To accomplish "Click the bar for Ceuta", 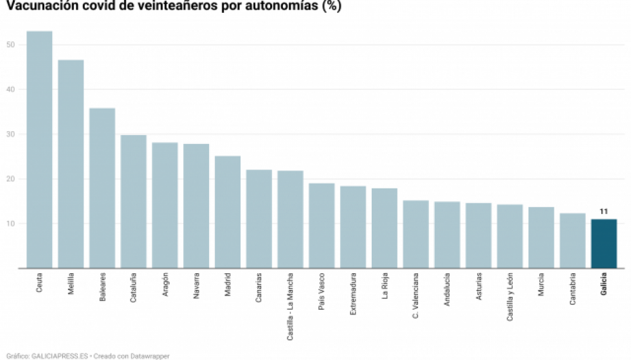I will [39, 149].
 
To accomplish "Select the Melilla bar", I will [71, 164].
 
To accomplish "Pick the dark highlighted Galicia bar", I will [604, 244].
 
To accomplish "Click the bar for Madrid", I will [228, 212].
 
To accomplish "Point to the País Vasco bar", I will [322, 226].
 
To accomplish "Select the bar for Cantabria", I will [572, 240].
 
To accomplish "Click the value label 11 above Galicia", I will [604, 211].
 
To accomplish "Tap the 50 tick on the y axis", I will [10, 45].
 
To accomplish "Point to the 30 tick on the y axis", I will [10, 134].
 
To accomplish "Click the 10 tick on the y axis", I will [10, 224].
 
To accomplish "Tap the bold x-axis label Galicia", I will [604, 285].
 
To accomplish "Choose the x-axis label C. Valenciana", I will [416, 295].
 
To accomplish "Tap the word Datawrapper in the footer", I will [149, 355].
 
